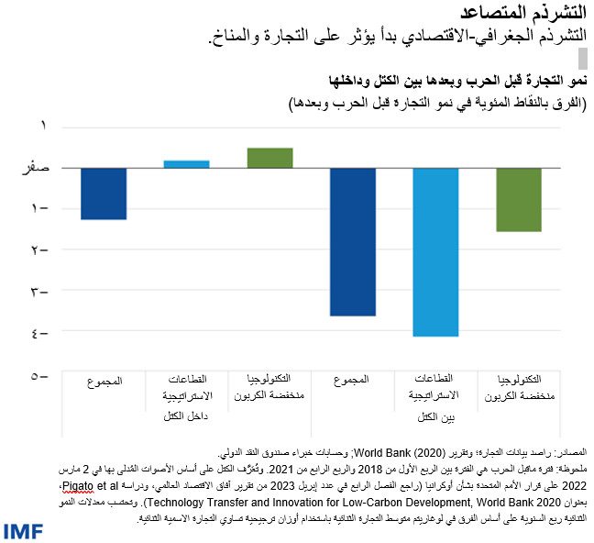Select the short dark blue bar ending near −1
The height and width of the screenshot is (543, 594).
click(x=104, y=194)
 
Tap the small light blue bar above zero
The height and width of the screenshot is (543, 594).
click(x=186, y=164)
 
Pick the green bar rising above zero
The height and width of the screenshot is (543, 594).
click(x=269, y=158)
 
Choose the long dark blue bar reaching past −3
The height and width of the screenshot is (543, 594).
click(x=353, y=242)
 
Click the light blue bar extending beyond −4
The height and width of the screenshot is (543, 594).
click(x=435, y=252)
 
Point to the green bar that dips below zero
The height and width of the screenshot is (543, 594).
click(x=519, y=200)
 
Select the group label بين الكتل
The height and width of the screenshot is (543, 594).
click(x=436, y=419)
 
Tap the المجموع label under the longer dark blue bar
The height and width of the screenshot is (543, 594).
click(x=353, y=380)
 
